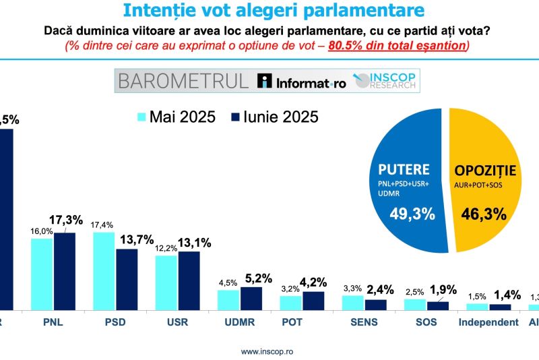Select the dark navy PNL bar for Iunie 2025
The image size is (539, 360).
(64, 271)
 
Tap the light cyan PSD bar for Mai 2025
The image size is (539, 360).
(104, 270)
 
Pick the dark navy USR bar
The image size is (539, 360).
(189, 280)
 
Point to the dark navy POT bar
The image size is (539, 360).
(313, 301)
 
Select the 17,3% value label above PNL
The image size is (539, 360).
(65, 220)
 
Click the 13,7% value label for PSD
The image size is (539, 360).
(137, 239)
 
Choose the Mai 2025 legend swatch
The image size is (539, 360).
(142, 117)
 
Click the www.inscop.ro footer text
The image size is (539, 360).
(267, 351)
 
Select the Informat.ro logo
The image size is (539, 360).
(302, 82)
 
